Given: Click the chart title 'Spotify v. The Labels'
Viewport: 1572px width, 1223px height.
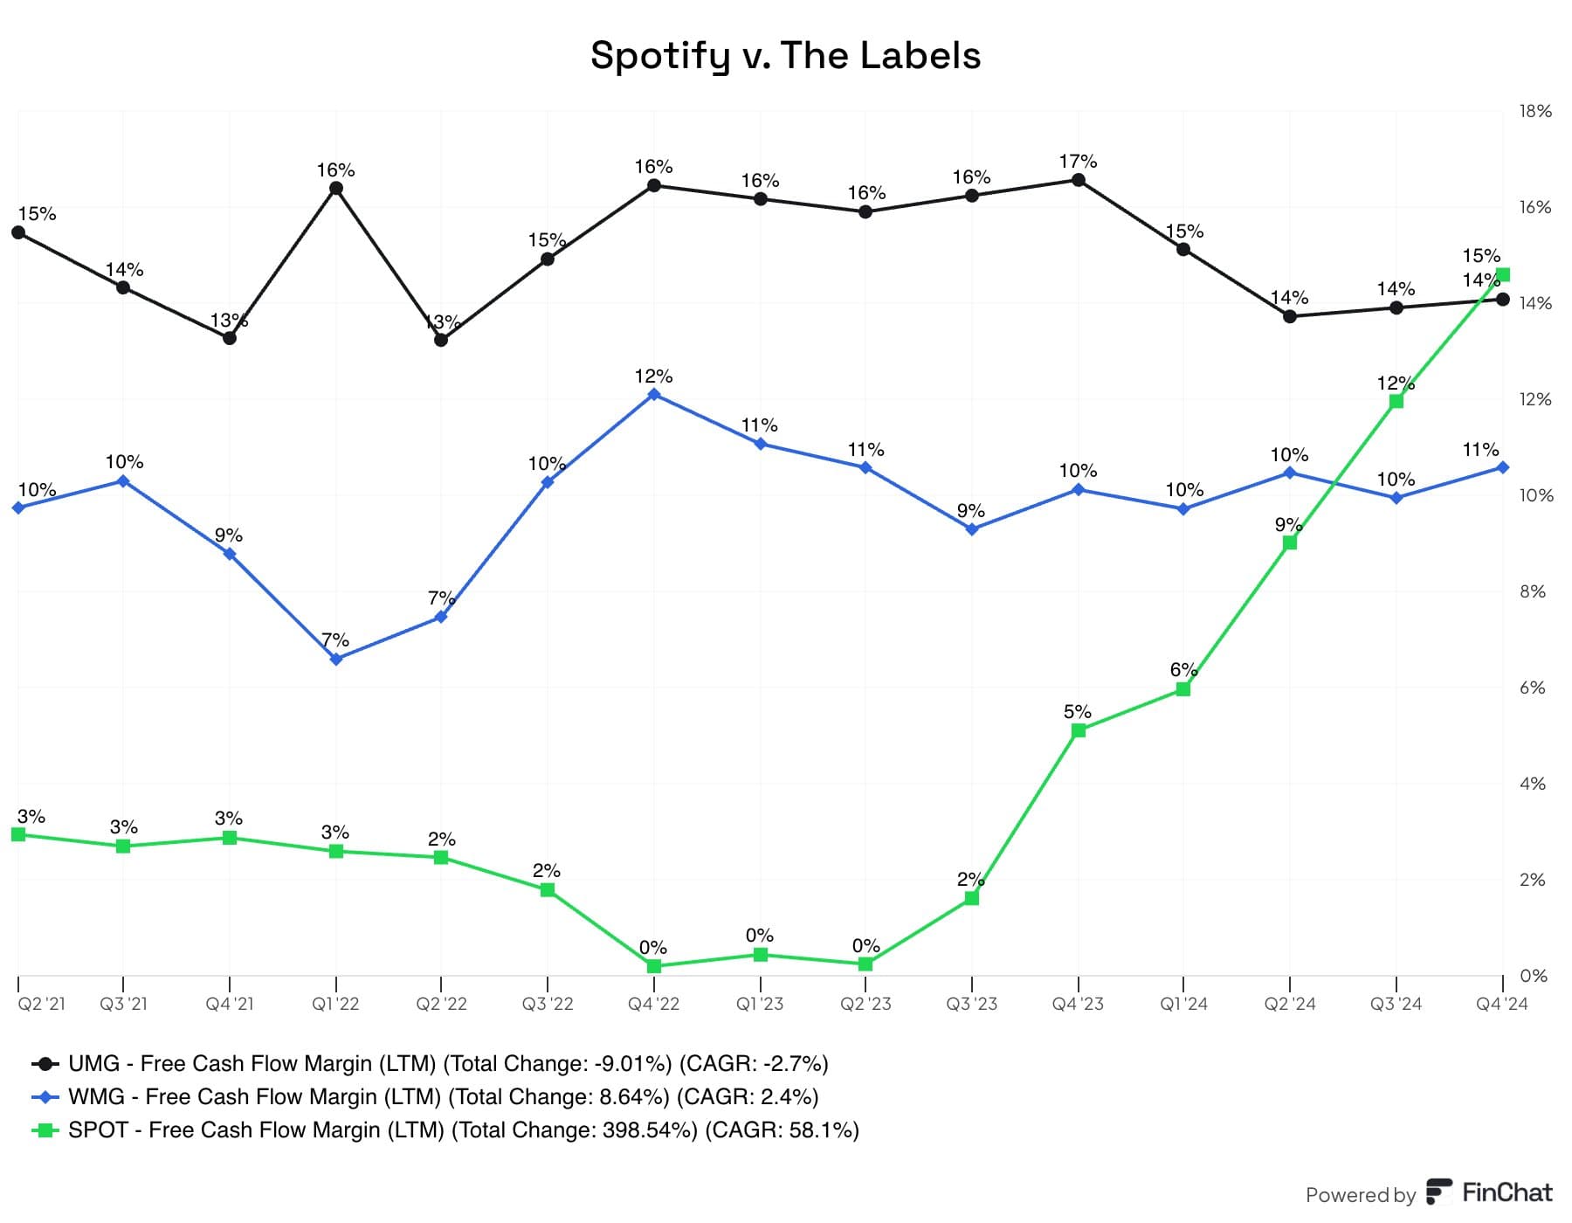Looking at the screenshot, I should click(x=785, y=55).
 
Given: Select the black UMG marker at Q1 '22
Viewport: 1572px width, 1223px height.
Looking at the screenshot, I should click(x=336, y=189).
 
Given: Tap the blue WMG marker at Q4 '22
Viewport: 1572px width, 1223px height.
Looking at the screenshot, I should click(x=654, y=395).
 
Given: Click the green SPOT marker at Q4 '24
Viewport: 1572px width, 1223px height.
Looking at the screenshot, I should click(x=1502, y=275).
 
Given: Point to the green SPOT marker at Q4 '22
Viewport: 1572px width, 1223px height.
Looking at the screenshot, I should click(x=654, y=966).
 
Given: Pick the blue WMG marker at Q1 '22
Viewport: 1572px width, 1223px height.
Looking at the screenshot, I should click(x=336, y=660).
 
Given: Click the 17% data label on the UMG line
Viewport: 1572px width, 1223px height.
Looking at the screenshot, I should click(x=1078, y=162).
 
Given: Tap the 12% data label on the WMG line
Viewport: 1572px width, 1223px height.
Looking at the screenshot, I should click(x=653, y=377).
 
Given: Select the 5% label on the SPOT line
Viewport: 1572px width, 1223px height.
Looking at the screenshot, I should click(x=1077, y=712).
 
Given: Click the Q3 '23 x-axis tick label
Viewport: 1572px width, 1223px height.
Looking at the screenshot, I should click(x=971, y=1004).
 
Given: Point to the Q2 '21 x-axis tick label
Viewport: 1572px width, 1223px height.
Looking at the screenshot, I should click(x=41, y=1004).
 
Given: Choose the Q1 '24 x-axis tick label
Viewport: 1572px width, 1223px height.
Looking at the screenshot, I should click(x=1183, y=1004).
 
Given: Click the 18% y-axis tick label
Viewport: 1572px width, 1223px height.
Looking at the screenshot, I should click(x=1535, y=111).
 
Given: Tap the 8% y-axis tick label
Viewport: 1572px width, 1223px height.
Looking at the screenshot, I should click(x=1533, y=591).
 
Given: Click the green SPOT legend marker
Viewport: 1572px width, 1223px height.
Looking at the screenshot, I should click(x=45, y=1130).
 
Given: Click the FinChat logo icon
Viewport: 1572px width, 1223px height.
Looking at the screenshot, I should click(x=1438, y=1192).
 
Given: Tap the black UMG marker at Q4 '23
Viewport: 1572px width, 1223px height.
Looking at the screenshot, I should click(x=1079, y=180).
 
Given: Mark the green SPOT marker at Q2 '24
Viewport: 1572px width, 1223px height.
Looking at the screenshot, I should click(x=1290, y=542).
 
